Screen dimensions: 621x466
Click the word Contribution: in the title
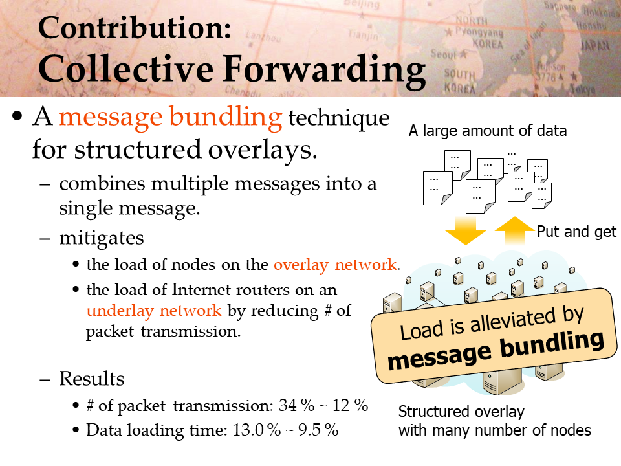click(135, 28)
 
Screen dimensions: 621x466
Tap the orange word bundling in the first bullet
click(226, 118)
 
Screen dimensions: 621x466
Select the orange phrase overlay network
click(335, 265)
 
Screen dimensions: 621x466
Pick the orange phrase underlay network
click(154, 311)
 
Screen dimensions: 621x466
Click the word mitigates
click(102, 239)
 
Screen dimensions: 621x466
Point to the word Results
click(92, 379)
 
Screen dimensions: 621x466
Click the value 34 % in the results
click(297, 405)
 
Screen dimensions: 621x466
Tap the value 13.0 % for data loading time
click(257, 430)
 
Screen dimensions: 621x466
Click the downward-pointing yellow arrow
click(465, 230)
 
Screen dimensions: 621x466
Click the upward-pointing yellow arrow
click(514, 230)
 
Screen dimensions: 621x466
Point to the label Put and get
click(576, 232)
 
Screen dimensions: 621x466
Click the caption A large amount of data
click(488, 130)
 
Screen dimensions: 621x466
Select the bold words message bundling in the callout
click(496, 349)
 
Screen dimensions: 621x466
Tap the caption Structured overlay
click(461, 412)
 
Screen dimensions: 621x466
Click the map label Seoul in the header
click(444, 54)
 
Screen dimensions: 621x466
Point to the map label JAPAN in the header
click(594, 45)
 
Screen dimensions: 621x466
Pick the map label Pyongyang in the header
click(479, 32)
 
